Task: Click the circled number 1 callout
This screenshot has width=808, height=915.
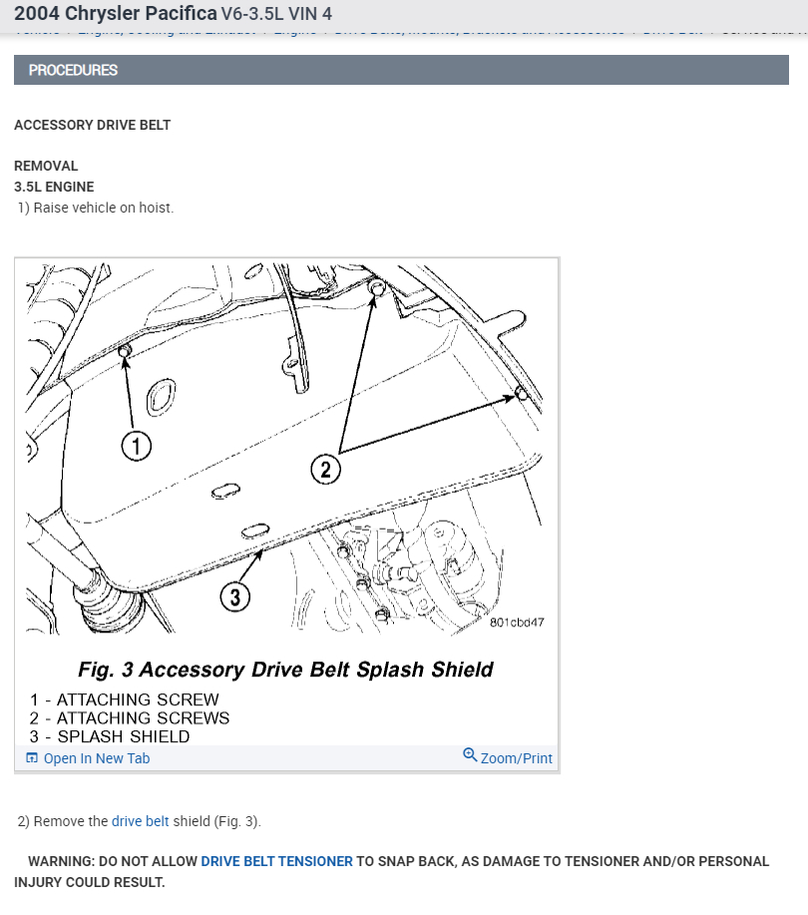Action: [137, 446]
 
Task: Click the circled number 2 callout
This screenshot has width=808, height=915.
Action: [326, 468]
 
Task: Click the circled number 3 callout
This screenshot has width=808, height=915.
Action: [234, 597]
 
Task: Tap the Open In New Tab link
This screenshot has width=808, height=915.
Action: [96, 758]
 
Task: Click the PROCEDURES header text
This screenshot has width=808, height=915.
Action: [73, 70]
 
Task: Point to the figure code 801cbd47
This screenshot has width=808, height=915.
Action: [517, 622]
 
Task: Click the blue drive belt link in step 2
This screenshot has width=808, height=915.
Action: [141, 821]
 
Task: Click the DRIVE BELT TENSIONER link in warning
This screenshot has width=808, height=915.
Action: [276, 861]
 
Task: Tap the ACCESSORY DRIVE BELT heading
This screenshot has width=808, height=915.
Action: [93, 125]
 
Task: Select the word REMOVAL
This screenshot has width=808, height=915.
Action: [46, 166]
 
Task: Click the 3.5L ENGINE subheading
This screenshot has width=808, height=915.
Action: [54, 187]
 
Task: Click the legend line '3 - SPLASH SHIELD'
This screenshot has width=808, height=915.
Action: [110, 736]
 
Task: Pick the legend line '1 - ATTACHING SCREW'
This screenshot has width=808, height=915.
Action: [124, 699]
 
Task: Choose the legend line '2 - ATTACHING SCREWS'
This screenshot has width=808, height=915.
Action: [130, 717]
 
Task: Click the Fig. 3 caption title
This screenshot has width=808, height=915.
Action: [285, 669]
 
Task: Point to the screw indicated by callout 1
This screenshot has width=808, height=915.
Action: [125, 351]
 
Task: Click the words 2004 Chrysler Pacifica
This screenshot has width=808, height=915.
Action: [116, 15]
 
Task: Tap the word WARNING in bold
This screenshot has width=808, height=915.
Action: [61, 861]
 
